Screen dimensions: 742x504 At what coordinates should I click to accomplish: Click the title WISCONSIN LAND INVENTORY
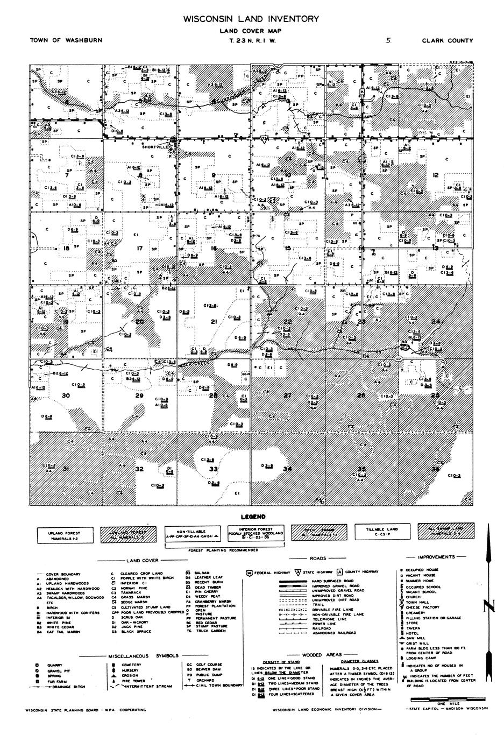coord(251,19)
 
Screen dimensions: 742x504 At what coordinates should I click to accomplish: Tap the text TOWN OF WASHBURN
coord(66,40)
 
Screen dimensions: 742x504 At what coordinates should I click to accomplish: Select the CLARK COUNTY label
coord(447,40)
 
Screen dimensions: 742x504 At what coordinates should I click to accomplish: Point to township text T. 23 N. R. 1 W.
coord(252,40)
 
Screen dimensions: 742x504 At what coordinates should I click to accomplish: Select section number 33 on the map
coord(214,469)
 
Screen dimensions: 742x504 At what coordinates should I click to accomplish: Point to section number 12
coord(436,175)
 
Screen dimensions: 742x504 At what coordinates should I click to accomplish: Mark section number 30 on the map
coord(66,395)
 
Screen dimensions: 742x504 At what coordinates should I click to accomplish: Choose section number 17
coord(140,248)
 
